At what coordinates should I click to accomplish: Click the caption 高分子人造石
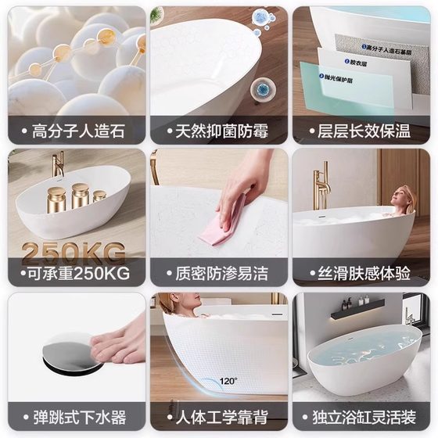click(x=77, y=131)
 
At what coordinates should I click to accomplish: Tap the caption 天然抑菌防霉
click(x=220, y=131)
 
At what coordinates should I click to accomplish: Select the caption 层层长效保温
click(x=363, y=131)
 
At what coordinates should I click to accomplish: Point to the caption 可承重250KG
click(x=77, y=274)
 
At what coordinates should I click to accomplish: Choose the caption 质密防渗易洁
click(x=220, y=274)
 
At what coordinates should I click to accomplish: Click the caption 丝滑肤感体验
click(x=363, y=274)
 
